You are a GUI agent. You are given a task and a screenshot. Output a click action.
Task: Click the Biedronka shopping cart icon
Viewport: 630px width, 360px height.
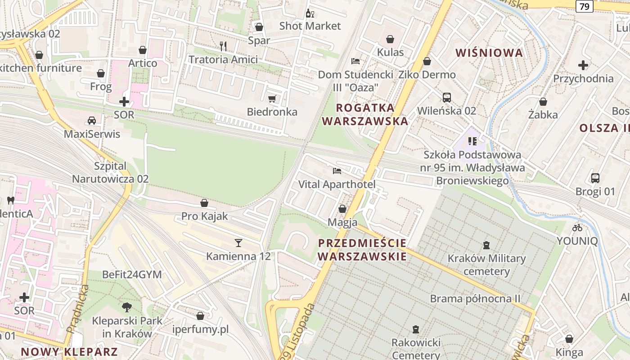coord(272,99)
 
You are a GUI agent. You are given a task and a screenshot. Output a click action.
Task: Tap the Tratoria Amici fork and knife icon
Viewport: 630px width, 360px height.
coord(223,45)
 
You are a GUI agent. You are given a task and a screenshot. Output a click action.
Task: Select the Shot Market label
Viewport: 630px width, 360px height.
coord(310,26)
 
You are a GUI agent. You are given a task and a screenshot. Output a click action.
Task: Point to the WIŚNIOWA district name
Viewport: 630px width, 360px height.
coord(489,53)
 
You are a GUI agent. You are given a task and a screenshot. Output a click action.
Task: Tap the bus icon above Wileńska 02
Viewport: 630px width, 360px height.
coord(447,97)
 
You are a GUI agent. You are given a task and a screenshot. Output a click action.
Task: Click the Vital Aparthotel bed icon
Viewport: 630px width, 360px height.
coord(337,171)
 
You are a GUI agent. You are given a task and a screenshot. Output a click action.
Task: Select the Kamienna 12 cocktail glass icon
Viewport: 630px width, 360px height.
coord(238,243)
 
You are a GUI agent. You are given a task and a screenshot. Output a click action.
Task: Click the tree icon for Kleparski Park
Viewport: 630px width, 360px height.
coord(127,307)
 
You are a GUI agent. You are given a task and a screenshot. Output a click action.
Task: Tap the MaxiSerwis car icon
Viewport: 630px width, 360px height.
coord(92,121)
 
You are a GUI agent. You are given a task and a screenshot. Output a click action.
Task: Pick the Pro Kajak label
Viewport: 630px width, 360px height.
coord(205,216)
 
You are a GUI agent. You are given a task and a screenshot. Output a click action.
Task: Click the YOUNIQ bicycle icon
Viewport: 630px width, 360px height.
coord(577,228)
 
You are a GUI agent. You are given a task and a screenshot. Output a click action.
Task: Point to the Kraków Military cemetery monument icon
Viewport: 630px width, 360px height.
coord(486,245)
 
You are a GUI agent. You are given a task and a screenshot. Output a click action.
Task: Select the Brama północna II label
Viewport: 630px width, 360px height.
coord(475,298)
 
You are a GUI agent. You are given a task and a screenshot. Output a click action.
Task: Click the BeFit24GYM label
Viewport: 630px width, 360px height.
coord(132,274)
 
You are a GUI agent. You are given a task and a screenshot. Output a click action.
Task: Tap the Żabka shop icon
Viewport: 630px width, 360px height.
coord(543,102)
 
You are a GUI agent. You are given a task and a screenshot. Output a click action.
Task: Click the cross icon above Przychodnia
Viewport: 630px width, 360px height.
coord(583,65)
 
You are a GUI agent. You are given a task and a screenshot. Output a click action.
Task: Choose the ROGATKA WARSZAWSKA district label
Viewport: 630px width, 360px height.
coord(365,114)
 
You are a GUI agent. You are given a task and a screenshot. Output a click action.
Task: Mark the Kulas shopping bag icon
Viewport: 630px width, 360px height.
coord(390,39)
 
